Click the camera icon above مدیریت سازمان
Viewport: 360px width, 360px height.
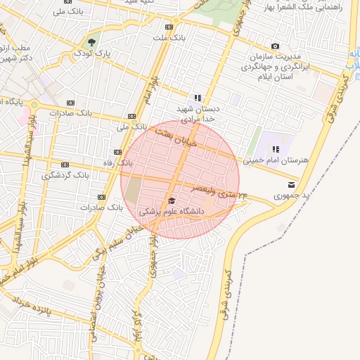275,46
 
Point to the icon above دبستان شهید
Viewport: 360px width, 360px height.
198,98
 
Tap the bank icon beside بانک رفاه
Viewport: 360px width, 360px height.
117,152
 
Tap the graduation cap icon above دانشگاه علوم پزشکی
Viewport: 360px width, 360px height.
172,200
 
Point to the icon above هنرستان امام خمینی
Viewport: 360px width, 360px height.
276,149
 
